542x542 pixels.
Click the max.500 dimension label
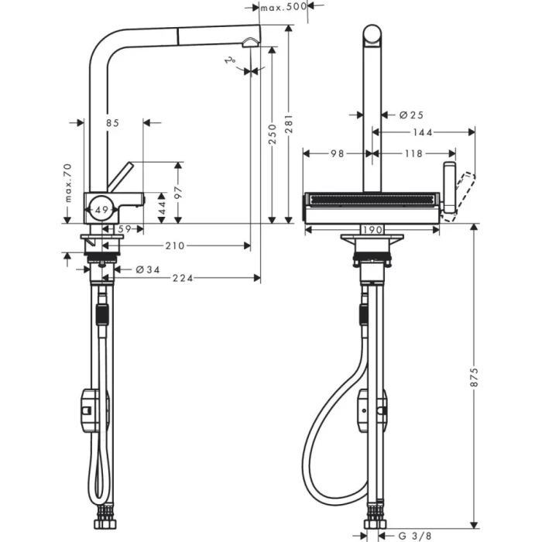click(x=283, y=7)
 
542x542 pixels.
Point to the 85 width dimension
click(x=112, y=122)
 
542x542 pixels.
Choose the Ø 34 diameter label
click(x=146, y=269)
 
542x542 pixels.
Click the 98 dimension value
click(x=337, y=153)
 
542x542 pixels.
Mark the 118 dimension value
click(x=413, y=153)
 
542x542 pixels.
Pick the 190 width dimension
click(x=373, y=230)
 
